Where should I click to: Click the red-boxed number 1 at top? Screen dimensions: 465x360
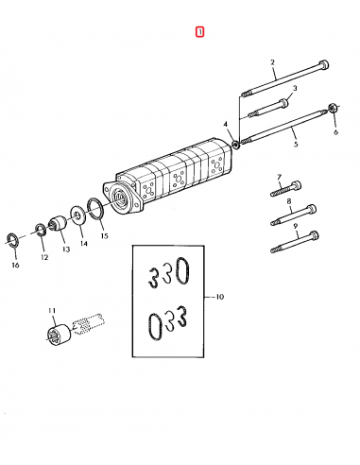199,32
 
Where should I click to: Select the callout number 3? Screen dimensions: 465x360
294,88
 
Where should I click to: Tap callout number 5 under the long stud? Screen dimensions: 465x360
294,145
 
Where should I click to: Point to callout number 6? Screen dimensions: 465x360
334,133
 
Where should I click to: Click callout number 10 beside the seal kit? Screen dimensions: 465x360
219,296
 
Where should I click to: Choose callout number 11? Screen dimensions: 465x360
53,310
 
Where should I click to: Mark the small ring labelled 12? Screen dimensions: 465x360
41,229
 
